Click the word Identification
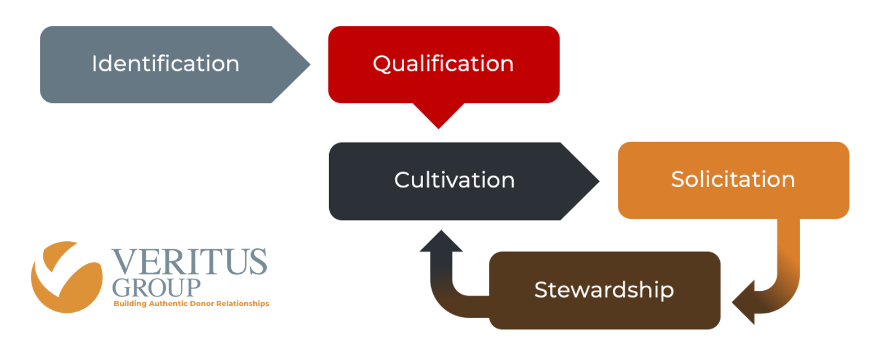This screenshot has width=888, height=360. [165, 64]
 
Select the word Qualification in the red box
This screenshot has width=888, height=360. [443, 64]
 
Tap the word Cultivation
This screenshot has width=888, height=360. [454, 180]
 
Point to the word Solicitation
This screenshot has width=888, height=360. [733, 179]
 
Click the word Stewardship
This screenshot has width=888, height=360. [604, 290]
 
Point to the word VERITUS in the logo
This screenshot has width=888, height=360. [189, 262]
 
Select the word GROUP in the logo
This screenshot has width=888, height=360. [156, 287]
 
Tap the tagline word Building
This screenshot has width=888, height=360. [130, 304]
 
